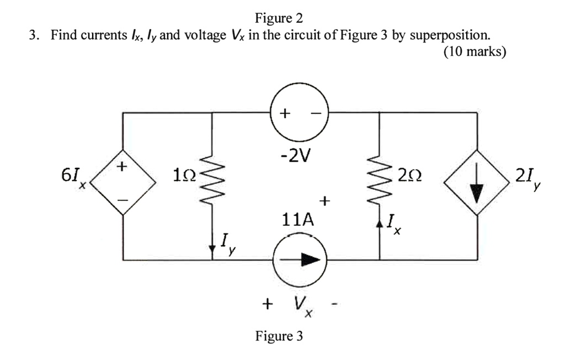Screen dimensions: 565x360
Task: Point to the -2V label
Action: [x=295, y=156]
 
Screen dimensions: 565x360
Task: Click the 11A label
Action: [x=297, y=220]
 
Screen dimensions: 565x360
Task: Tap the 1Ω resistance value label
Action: [x=184, y=175]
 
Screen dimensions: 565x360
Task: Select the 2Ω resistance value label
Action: [x=410, y=176]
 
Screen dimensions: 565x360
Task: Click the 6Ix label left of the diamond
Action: [x=74, y=177]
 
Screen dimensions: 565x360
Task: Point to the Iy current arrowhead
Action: [x=212, y=248]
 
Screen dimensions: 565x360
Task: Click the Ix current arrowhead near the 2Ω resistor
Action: [x=379, y=224]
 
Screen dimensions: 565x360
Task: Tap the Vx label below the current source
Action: [x=303, y=306]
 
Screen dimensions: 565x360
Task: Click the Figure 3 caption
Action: [x=279, y=336]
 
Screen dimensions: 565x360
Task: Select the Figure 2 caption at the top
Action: [x=279, y=18]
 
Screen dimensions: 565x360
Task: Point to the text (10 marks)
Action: [x=475, y=51]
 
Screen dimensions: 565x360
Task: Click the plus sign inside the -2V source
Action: [x=285, y=113]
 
